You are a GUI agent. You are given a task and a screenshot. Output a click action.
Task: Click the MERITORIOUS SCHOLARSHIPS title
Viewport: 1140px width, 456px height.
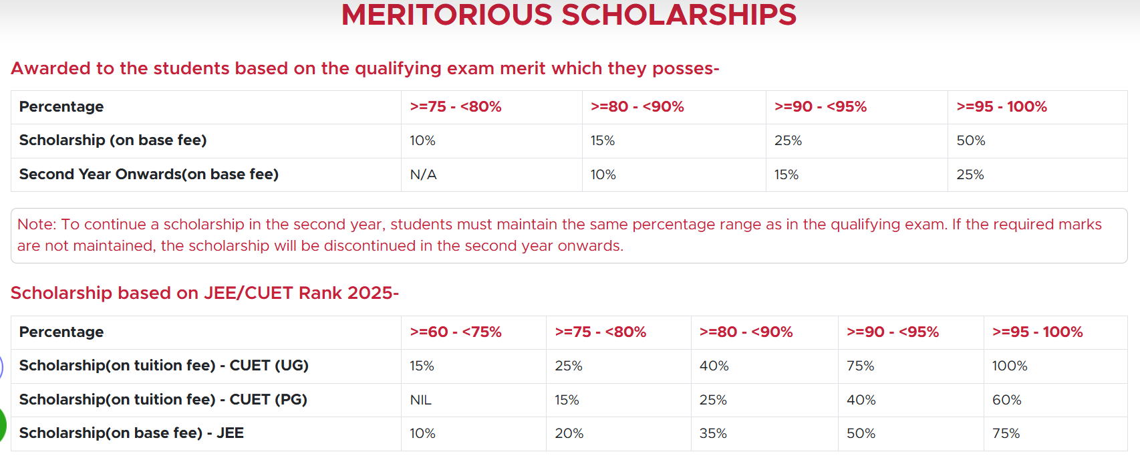[x=569, y=15]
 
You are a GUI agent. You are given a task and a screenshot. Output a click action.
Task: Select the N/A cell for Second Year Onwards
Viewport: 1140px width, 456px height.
[x=423, y=175]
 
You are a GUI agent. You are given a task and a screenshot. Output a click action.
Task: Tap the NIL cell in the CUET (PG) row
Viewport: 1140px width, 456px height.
[x=420, y=400]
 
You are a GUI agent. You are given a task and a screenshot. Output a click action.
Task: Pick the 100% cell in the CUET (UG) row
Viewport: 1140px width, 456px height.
[x=1009, y=366]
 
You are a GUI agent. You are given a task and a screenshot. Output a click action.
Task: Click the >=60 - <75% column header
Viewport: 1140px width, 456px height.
[x=455, y=332]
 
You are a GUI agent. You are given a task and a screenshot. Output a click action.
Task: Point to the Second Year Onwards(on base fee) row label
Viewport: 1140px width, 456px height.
[x=148, y=175]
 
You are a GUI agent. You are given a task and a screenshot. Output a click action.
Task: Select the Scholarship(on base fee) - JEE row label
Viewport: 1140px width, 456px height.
[x=131, y=433]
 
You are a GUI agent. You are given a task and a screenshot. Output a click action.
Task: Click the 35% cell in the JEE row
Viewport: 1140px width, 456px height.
[x=712, y=433]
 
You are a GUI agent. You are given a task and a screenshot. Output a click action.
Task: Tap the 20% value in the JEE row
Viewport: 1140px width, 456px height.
[x=569, y=433]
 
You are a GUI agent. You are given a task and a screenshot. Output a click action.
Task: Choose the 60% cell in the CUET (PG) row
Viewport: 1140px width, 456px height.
[x=1006, y=400]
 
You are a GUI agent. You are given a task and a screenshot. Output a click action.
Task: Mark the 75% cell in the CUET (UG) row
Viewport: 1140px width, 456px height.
[x=860, y=366]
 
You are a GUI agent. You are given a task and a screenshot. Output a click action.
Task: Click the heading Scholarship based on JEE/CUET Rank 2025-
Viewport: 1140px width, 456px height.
[x=204, y=293]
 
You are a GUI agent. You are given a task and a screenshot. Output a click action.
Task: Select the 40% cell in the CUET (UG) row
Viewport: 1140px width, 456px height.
[x=714, y=366]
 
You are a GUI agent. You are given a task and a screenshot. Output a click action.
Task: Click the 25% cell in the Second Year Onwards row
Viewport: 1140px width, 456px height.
[x=970, y=175]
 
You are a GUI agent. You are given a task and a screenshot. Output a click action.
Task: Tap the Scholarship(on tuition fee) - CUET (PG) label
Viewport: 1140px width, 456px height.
[x=163, y=400]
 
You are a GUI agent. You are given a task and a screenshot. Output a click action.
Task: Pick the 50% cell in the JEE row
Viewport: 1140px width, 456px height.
[x=861, y=433]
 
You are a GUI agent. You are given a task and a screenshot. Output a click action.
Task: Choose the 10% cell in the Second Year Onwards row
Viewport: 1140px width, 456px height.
[x=603, y=175]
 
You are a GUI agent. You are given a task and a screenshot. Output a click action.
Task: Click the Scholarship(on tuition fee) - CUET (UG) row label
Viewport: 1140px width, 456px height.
[x=164, y=366]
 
